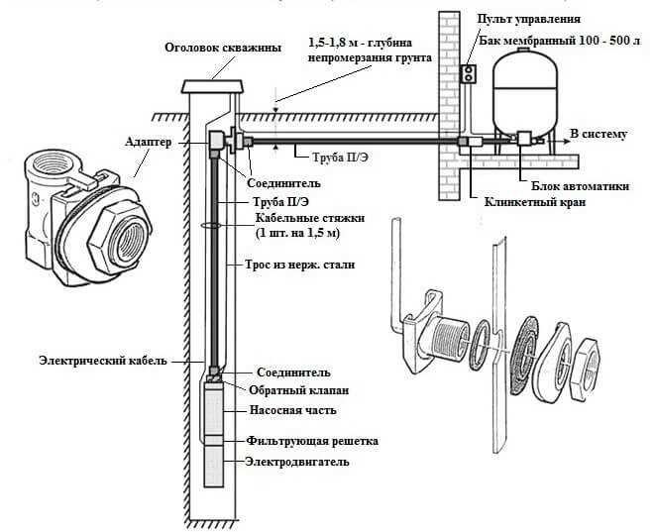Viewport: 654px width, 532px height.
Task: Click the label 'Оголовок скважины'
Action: [x=223, y=48]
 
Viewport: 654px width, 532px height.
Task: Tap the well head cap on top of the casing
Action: [x=212, y=86]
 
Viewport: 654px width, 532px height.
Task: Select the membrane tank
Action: [x=525, y=91]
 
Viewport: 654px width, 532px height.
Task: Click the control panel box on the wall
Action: [x=468, y=74]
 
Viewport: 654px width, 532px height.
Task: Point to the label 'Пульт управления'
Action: [x=529, y=19]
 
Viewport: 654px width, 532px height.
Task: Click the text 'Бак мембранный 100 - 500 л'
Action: [x=559, y=41]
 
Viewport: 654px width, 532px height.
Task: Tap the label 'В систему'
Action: [x=599, y=134]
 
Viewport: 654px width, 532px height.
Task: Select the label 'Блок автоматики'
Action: [x=580, y=186]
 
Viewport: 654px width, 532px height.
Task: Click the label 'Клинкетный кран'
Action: [x=535, y=202]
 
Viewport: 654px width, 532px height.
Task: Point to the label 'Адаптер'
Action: [x=149, y=143]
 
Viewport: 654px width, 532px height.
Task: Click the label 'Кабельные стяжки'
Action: [x=310, y=218]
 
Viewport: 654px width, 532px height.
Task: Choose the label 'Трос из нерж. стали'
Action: [x=299, y=265]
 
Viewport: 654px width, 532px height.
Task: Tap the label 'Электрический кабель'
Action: [x=103, y=361]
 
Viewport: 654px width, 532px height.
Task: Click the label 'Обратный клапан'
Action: [x=298, y=390]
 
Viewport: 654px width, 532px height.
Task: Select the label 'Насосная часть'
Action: [x=292, y=410]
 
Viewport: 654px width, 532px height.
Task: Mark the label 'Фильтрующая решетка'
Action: [x=312, y=441]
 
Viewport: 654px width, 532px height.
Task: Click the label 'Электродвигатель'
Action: [x=297, y=462]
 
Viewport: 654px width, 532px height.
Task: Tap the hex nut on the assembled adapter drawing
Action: [x=120, y=240]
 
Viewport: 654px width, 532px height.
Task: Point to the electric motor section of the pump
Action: [x=214, y=466]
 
